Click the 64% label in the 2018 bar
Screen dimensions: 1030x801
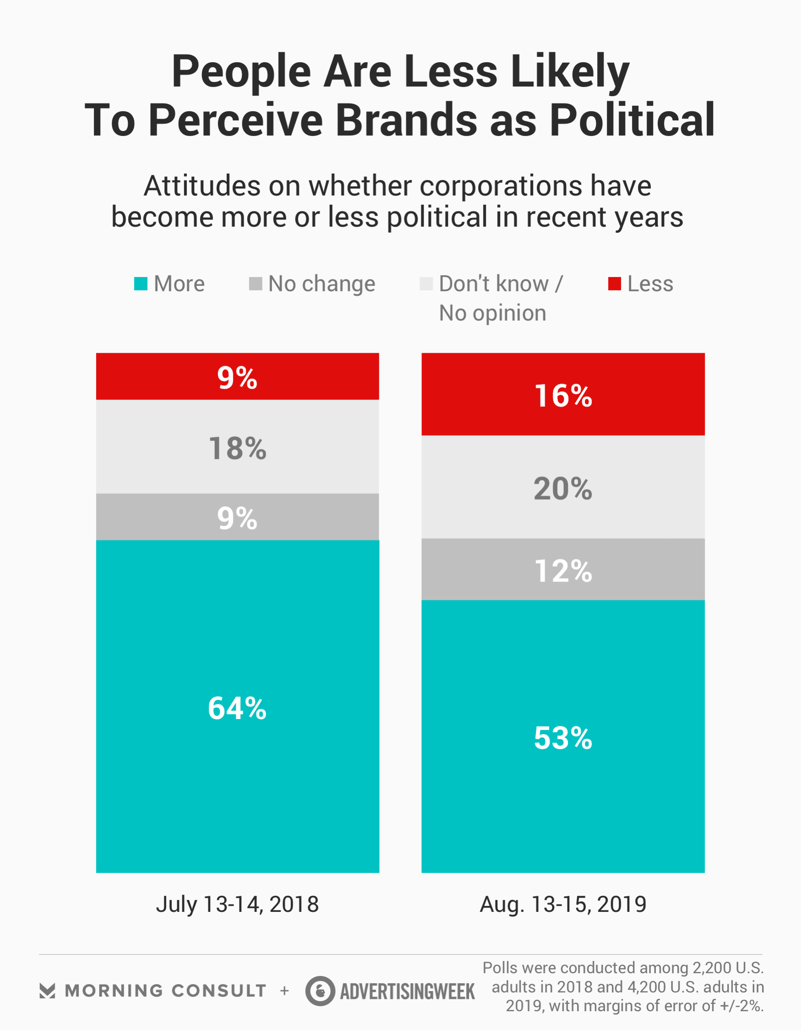tap(237, 708)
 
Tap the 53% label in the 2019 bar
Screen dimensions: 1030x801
tap(563, 738)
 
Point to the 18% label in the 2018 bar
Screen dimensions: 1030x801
tap(237, 448)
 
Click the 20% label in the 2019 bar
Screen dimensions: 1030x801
tap(563, 489)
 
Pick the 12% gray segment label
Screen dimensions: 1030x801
tap(563, 571)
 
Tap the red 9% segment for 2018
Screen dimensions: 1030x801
tap(237, 377)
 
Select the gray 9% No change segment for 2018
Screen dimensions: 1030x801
tap(237, 518)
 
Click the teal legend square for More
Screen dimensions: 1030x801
tap(141, 284)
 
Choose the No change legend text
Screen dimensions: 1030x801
tap(321, 284)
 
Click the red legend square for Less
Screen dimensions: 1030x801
tap(614, 284)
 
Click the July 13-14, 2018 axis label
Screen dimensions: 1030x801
tap(237, 905)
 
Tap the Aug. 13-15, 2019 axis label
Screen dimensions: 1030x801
tap(563, 905)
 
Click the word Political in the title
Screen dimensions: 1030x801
tap(632, 120)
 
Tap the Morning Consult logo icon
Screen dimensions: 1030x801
tap(47, 991)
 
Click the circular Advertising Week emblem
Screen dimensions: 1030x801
tap(320, 991)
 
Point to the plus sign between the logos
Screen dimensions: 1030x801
tap(284, 991)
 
